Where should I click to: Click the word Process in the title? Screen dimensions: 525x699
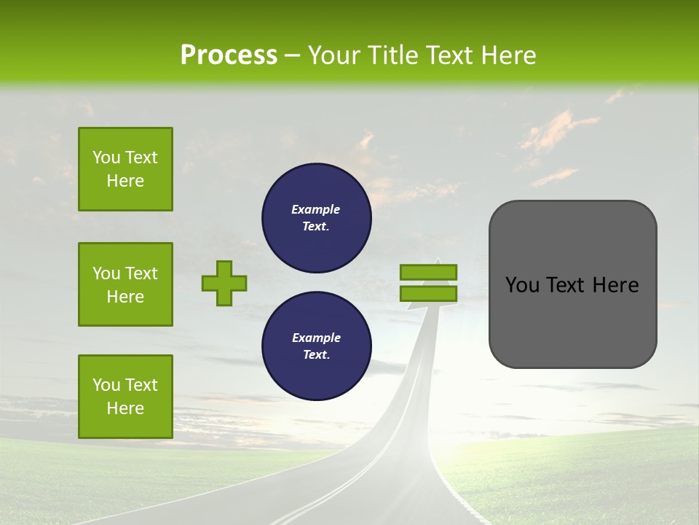(x=229, y=55)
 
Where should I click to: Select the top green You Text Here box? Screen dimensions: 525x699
(x=125, y=169)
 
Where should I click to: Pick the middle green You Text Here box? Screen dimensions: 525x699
(x=125, y=284)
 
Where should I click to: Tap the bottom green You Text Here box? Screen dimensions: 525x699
(x=125, y=397)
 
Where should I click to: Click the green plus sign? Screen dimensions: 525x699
(x=224, y=283)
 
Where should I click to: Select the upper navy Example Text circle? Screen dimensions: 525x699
(x=316, y=218)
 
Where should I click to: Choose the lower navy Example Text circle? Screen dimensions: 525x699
(x=316, y=346)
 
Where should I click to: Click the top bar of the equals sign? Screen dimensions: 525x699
(x=428, y=273)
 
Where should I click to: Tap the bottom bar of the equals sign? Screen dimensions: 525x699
(x=428, y=294)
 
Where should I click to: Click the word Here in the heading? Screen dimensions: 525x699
(x=510, y=55)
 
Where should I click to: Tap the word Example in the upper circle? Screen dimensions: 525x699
(x=315, y=209)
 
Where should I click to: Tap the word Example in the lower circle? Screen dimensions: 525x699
(x=316, y=338)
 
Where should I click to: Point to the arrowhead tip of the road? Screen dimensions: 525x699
(x=438, y=259)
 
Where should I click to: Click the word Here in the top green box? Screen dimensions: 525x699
(x=125, y=181)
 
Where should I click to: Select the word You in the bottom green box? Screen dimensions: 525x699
(x=106, y=385)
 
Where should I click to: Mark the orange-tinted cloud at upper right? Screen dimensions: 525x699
(x=557, y=131)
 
